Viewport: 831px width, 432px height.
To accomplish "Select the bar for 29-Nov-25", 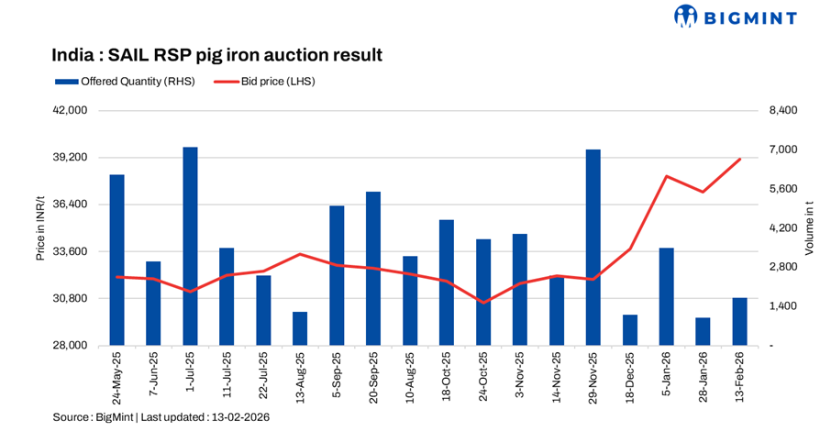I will pos(593,248).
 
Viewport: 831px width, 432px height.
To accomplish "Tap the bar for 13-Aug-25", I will pos(300,328).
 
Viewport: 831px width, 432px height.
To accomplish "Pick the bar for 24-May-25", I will pos(116,260).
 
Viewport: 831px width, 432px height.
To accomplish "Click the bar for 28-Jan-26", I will pos(704,331).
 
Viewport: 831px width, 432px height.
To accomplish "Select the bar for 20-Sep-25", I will pos(373,268).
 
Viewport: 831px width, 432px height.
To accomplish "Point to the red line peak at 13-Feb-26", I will pos(740,159).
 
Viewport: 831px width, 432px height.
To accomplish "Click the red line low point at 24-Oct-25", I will pos(483,302).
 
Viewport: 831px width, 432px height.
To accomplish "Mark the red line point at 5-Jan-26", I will pos(667,176).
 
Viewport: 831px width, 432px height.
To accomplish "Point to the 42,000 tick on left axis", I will pos(71,111).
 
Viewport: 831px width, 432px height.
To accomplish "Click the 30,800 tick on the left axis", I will pos(71,298).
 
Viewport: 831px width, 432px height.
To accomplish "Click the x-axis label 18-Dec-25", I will pos(628,377).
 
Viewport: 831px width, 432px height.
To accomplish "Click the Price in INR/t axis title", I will pos(40,227).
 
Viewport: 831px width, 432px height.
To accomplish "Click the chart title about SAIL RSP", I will pos(216,55).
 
